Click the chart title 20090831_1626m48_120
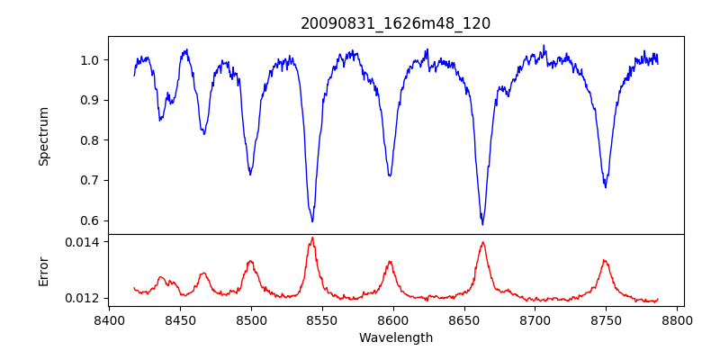(395, 23)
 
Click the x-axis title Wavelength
(395, 337)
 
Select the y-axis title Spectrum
(43, 136)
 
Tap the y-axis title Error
(43, 270)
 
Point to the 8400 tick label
(109, 319)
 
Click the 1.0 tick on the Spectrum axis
(91, 60)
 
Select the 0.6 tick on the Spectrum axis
(91, 220)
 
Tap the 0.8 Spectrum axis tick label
(91, 140)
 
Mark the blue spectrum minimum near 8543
(312, 221)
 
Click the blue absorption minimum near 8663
(482, 224)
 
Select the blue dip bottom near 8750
(606, 187)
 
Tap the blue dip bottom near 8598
(390, 175)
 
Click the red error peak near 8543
(312, 238)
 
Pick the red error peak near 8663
(482, 242)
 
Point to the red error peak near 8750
(605, 261)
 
